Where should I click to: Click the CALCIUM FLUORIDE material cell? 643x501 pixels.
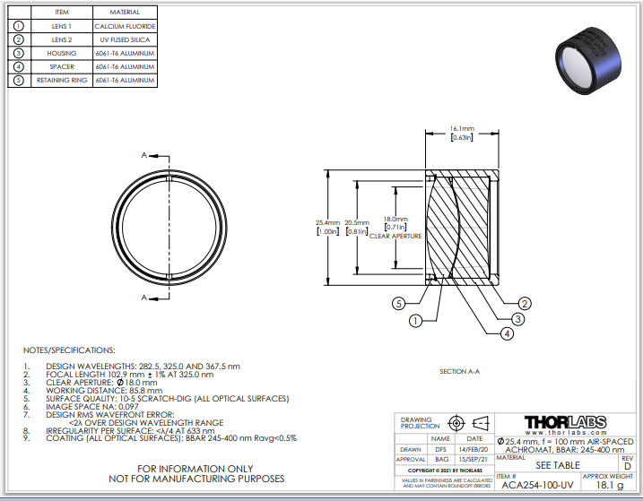click(125, 26)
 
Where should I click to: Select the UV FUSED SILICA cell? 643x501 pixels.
click(125, 39)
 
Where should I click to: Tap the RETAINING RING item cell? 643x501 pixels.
click(62, 80)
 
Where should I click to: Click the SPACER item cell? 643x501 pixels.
click(62, 66)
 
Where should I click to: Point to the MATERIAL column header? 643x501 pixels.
click(125, 13)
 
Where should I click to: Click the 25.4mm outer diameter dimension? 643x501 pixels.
click(327, 227)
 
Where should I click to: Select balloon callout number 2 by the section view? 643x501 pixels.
click(526, 303)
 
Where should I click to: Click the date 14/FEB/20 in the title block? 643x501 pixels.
click(474, 449)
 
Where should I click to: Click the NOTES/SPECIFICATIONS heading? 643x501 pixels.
click(69, 350)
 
